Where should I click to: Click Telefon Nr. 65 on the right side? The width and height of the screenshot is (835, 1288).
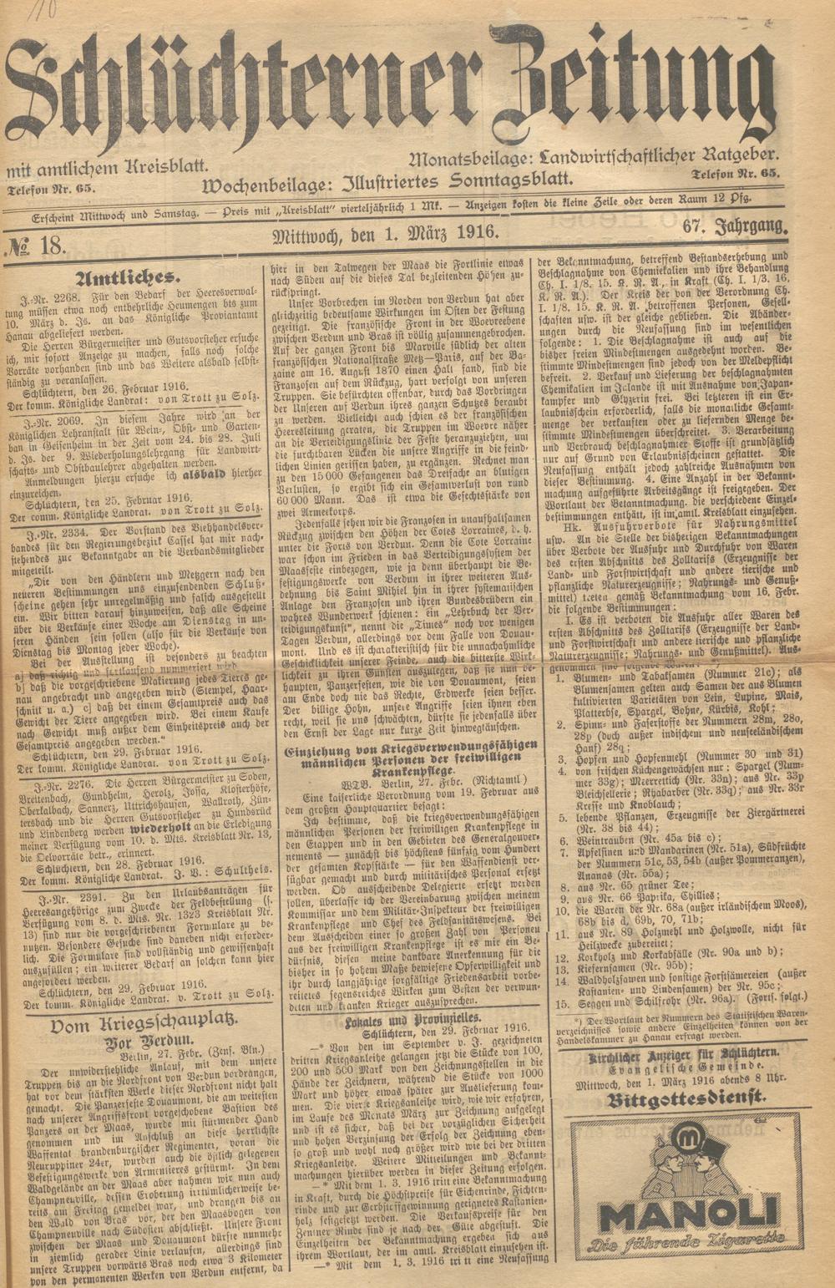735,173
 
